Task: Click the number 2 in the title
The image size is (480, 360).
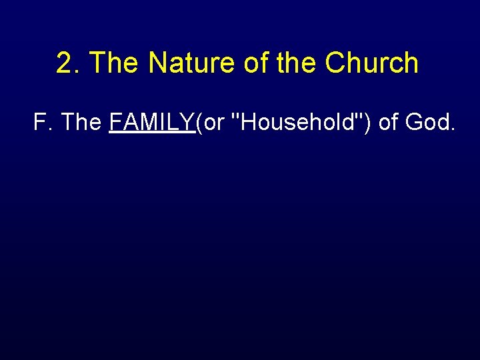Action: (64, 63)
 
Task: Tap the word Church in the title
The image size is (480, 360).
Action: (371, 63)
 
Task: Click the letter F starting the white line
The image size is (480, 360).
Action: (39, 123)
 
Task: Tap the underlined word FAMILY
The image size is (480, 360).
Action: (151, 123)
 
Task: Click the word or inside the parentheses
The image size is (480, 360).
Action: (213, 124)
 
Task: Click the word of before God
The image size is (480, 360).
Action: (390, 123)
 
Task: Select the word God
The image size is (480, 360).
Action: (429, 123)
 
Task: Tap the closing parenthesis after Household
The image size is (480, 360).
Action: (368, 123)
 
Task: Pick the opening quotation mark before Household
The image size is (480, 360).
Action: (233, 116)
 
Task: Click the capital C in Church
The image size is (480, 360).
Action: (335, 63)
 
